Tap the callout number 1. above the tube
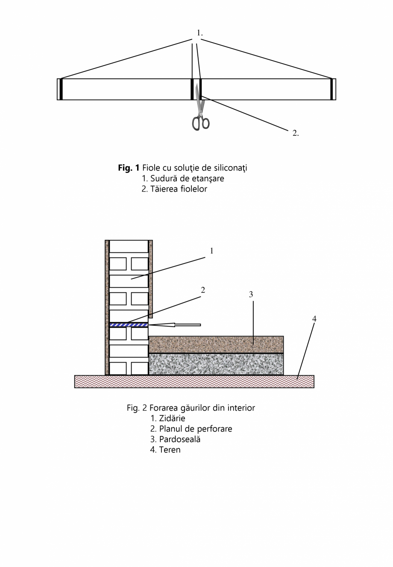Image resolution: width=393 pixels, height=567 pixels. (x=199, y=33)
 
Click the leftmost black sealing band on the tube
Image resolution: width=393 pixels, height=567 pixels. (x=61, y=89)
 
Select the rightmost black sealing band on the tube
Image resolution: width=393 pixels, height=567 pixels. (x=331, y=89)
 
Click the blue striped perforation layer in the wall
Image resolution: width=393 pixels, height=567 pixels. (x=129, y=325)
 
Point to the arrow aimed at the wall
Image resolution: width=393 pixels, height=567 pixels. (x=175, y=325)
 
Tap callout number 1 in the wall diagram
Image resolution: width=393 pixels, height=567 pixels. (x=211, y=251)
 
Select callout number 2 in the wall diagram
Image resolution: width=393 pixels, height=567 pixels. (x=203, y=290)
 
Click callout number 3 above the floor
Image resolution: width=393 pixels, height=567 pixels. (x=251, y=295)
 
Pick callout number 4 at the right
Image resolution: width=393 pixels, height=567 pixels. (x=314, y=319)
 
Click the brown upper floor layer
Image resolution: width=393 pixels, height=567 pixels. (x=216, y=345)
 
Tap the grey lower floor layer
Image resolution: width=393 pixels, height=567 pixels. (x=216, y=364)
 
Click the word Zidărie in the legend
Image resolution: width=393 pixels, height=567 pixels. (x=172, y=418)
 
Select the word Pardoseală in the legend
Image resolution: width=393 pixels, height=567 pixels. (x=179, y=439)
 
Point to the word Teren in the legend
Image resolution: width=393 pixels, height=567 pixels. (x=170, y=450)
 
